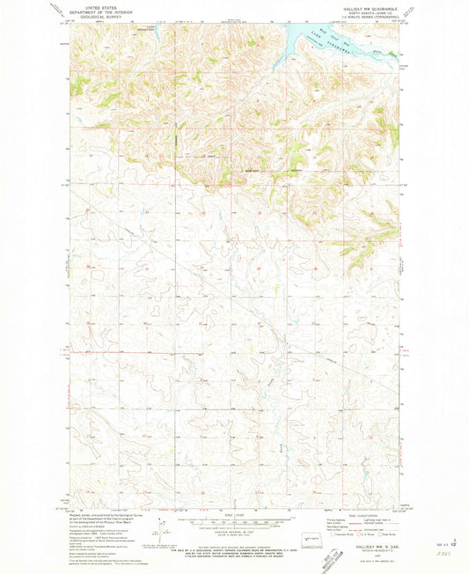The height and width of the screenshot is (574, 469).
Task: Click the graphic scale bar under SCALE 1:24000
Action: click(x=234, y=524)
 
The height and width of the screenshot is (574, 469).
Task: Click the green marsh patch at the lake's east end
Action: click(x=387, y=53)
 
